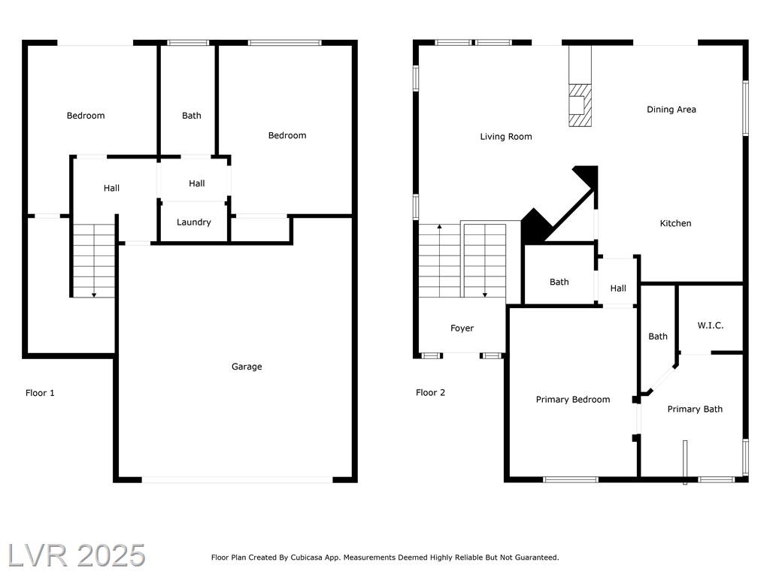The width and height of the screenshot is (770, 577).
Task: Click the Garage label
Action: click(x=247, y=367)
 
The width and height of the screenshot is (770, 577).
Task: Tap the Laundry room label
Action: click(x=193, y=222)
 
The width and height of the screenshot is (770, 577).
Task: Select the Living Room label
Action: click(x=506, y=137)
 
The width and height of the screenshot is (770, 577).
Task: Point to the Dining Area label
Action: click(x=671, y=110)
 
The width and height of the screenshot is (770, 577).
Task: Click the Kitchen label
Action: click(x=675, y=223)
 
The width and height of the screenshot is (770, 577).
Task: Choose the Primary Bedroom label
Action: click(x=572, y=400)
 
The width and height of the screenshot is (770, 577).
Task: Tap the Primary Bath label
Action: click(x=695, y=409)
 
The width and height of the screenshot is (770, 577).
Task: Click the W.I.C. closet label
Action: click(x=710, y=325)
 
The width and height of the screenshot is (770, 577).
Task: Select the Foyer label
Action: click(x=462, y=328)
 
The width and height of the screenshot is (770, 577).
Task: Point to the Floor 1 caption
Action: click(x=40, y=393)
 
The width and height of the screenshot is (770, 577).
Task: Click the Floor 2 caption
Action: click(x=430, y=392)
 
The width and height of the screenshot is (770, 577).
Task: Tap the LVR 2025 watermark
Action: click(x=77, y=555)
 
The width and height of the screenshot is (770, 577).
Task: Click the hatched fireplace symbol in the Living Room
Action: click(x=580, y=105)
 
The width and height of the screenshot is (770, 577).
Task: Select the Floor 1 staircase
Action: click(x=94, y=261)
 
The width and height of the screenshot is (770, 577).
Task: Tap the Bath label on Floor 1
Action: click(x=192, y=116)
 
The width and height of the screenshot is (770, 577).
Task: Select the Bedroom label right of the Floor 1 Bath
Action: click(x=287, y=135)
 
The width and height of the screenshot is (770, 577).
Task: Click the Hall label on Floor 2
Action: click(x=618, y=288)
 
